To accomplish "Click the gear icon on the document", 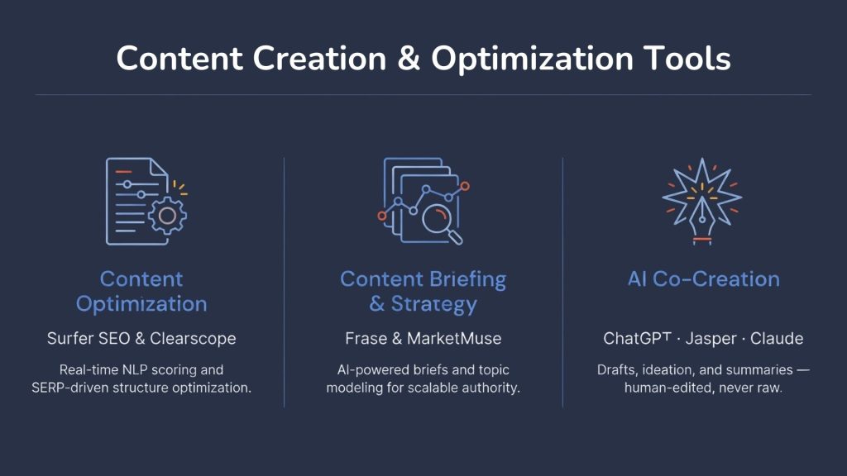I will tap(167, 216).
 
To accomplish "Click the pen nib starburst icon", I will tap(702, 198).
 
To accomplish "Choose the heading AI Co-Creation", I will tap(703, 279).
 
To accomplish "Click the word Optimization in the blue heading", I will tap(141, 304).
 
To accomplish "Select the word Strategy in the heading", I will tap(434, 304).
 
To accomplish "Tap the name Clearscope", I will tap(193, 339).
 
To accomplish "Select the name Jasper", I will tap(707, 339).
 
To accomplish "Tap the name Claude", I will tap(777, 339).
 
